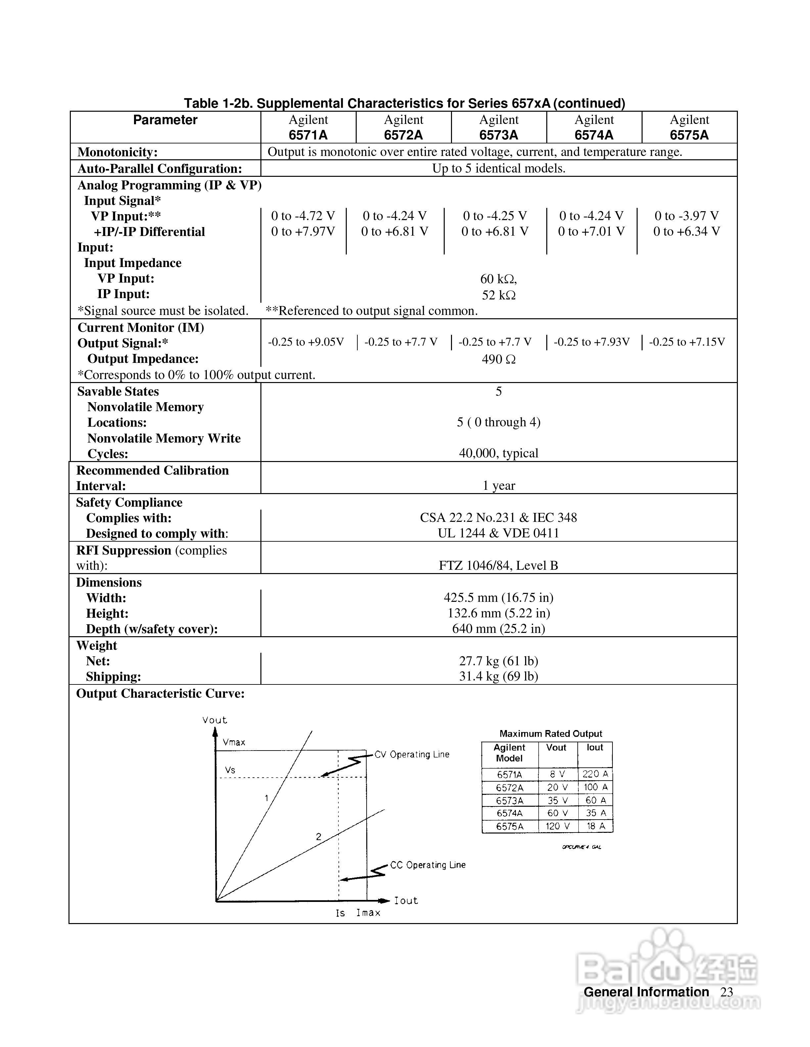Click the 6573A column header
click(x=499, y=128)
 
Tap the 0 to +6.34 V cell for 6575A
click(x=686, y=232)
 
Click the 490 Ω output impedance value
click(x=499, y=359)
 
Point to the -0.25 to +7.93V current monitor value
click(x=591, y=342)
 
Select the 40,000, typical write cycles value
click(x=499, y=453)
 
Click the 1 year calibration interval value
click(x=499, y=485)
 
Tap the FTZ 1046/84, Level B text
click(x=499, y=566)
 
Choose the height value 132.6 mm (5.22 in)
click(x=499, y=613)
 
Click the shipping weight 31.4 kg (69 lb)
click(x=499, y=677)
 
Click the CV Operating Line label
click(x=412, y=755)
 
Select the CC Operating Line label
click(x=427, y=865)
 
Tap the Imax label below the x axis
click(x=368, y=913)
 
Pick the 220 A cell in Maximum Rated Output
click(x=595, y=774)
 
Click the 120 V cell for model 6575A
click(x=558, y=826)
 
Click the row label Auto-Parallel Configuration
click(x=160, y=169)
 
